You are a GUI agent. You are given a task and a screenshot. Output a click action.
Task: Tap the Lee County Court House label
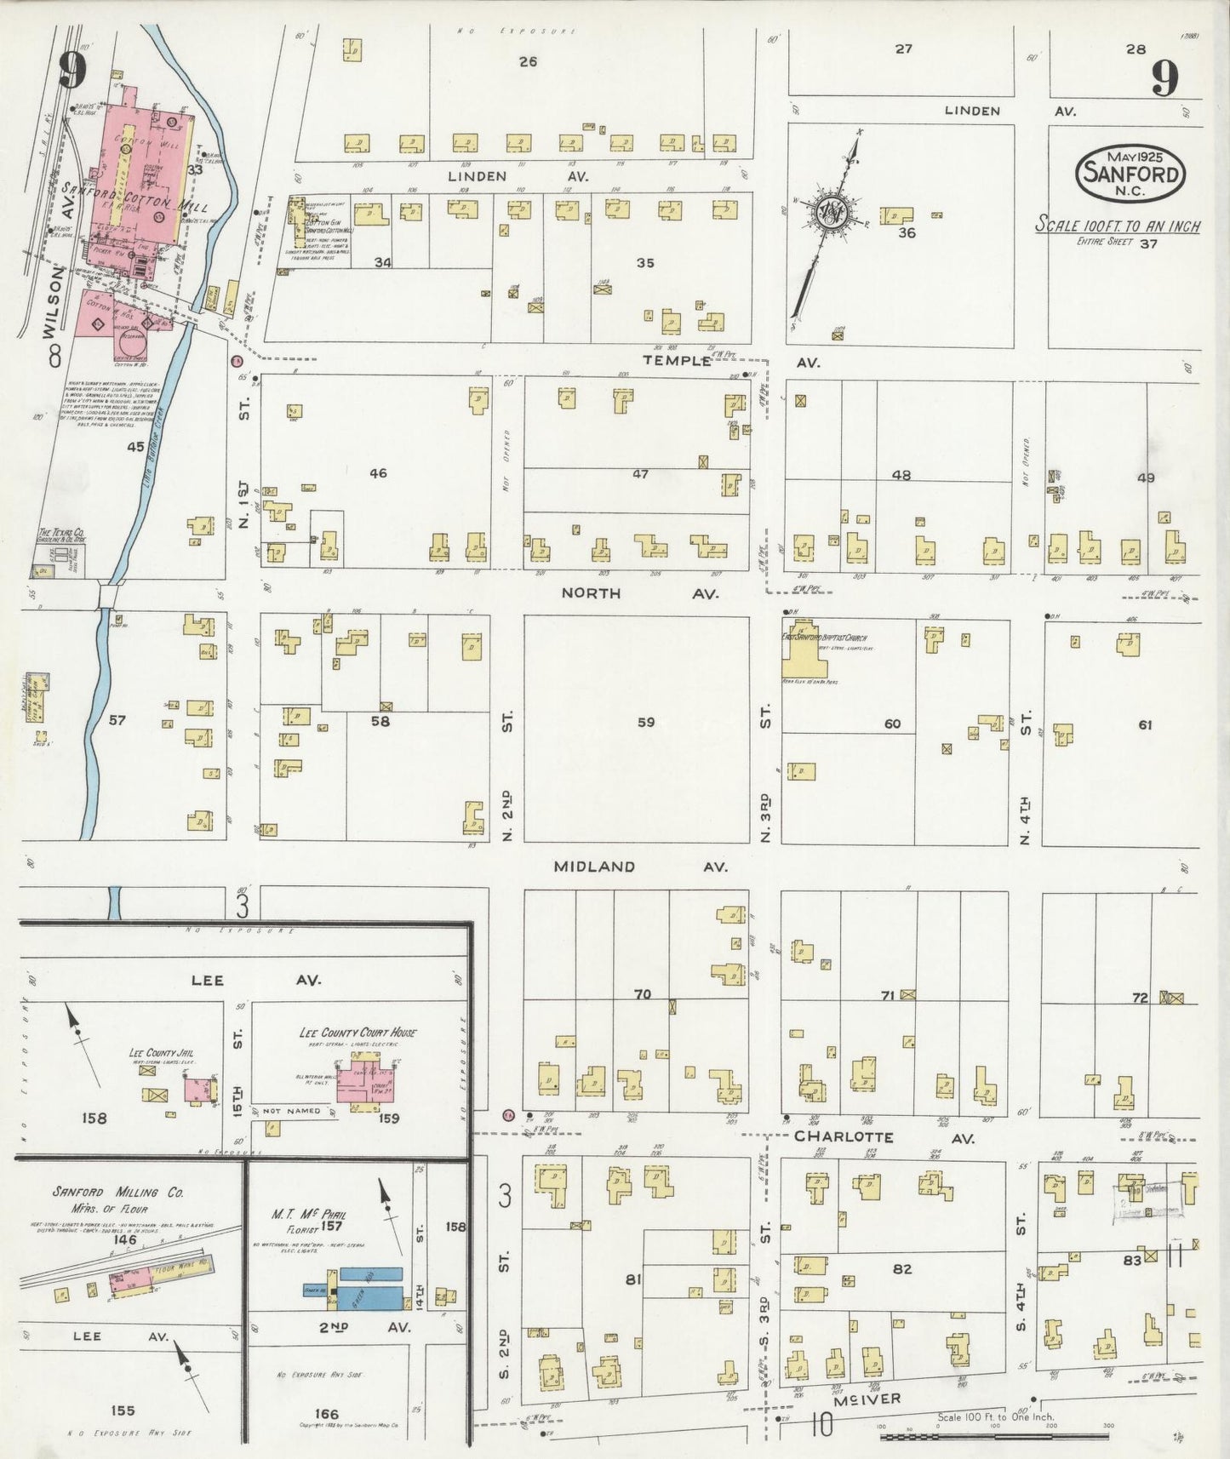(x=358, y=1032)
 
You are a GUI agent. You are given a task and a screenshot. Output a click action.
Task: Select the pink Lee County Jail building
(x=198, y=1090)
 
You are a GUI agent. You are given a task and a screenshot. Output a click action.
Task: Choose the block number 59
(x=646, y=722)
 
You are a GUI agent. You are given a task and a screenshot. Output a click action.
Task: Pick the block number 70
(x=643, y=993)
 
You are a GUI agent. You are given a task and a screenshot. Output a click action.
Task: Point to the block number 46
(x=378, y=472)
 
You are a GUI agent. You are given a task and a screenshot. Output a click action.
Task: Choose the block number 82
(x=902, y=1268)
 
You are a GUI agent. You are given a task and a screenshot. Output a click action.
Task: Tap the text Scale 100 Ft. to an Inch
(x=1118, y=226)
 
